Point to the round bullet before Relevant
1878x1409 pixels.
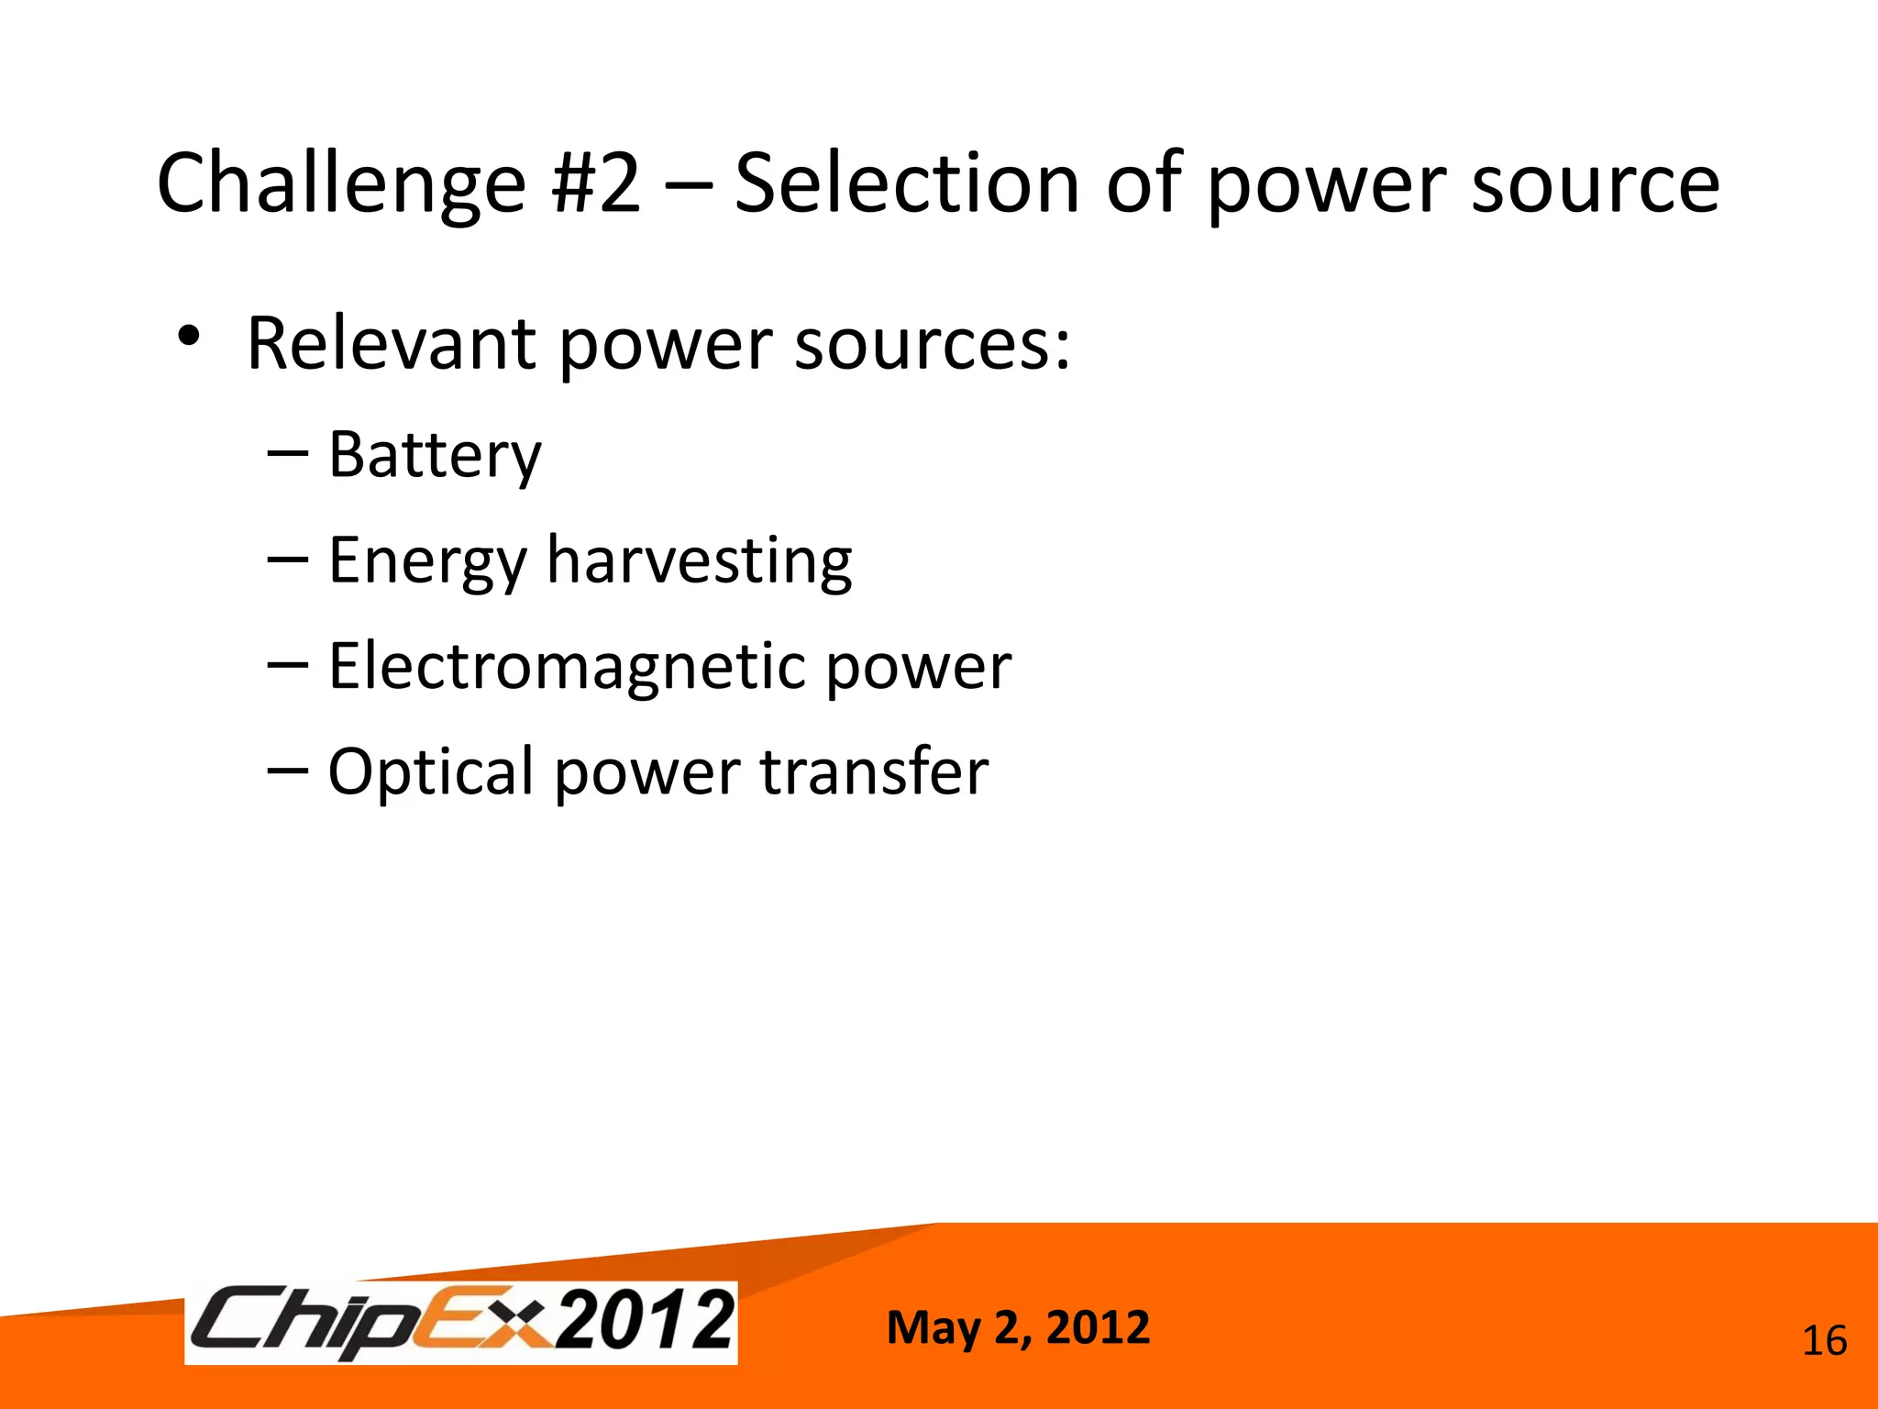(x=189, y=337)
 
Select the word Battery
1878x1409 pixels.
(x=435, y=455)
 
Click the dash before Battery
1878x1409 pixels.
(x=287, y=452)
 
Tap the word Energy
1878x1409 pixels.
(x=427, y=561)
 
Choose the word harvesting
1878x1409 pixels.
(x=699, y=561)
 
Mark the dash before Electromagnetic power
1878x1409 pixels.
(x=287, y=664)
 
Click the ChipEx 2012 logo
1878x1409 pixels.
(x=461, y=1323)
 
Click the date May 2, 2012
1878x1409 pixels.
(x=1018, y=1327)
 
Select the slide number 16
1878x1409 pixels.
(x=1824, y=1341)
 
